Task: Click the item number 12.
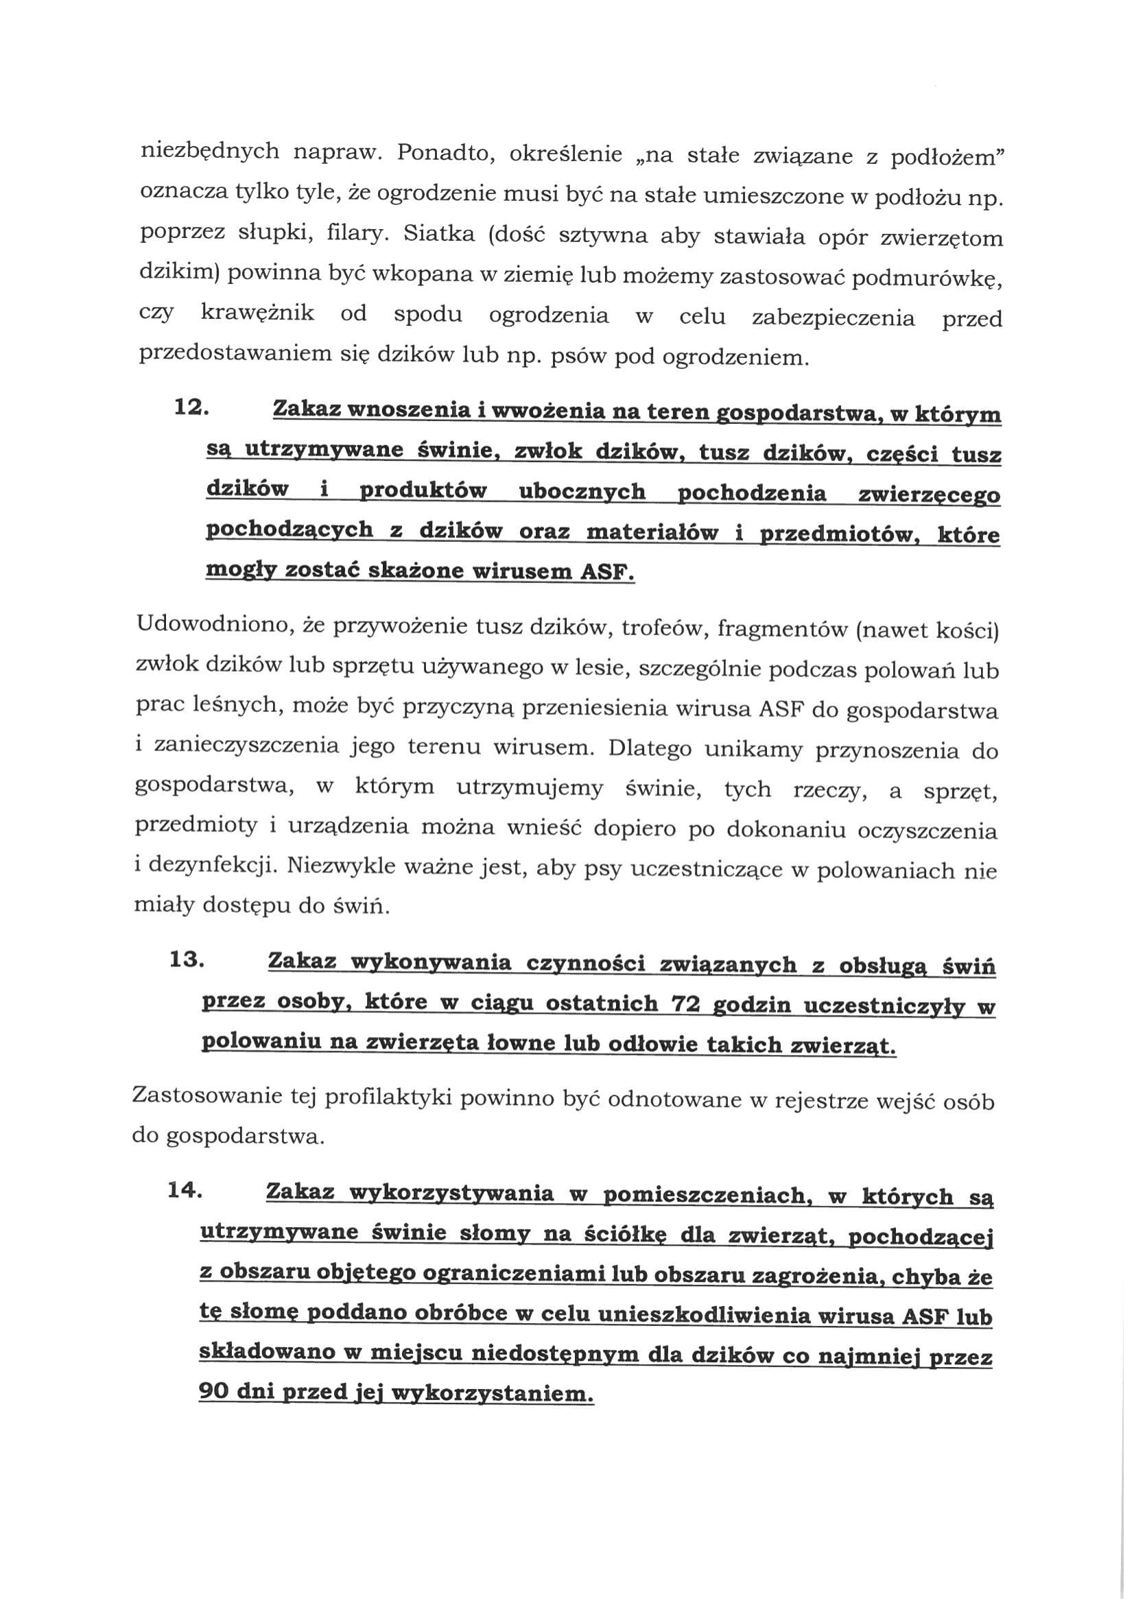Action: (x=191, y=407)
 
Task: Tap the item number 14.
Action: (x=185, y=1191)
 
